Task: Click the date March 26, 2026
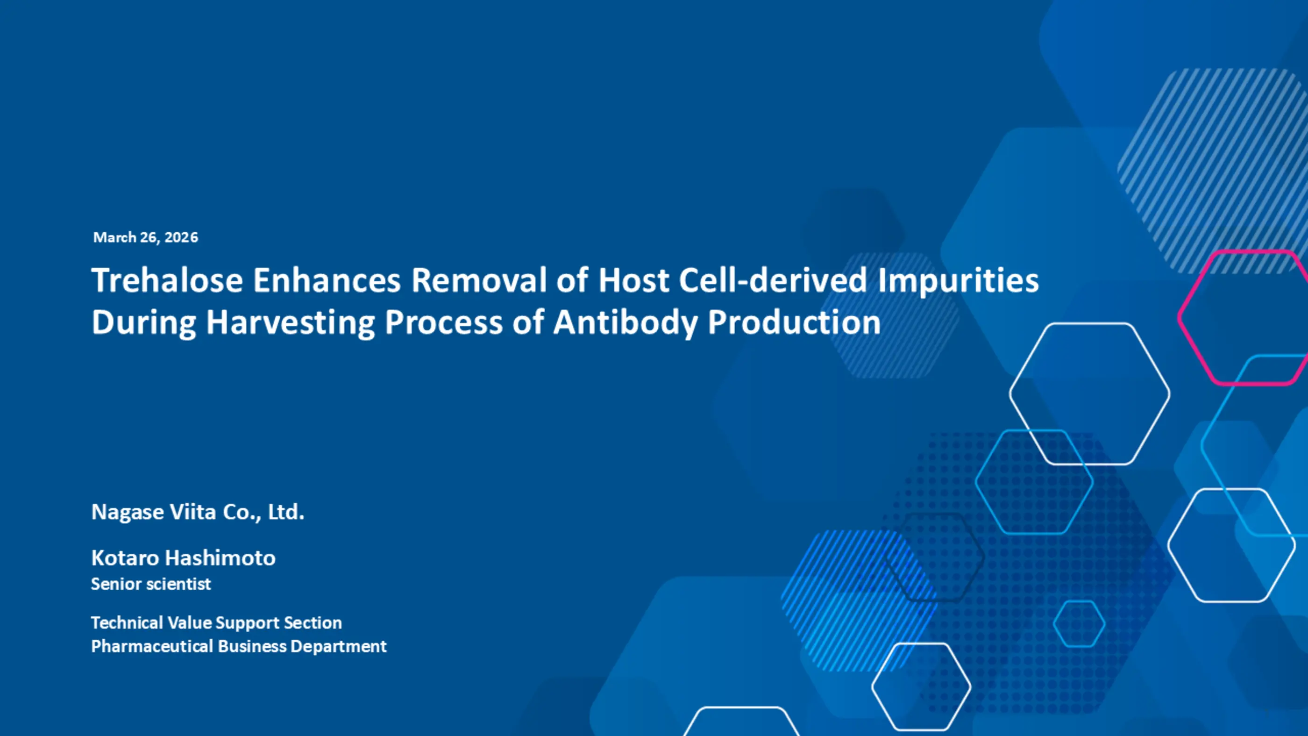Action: tap(146, 238)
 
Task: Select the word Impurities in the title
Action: tap(958, 281)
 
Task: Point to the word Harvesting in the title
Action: tap(291, 323)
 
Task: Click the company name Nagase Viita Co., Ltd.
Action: tap(198, 512)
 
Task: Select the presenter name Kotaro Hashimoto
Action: tap(183, 557)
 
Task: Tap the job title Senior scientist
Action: tap(151, 584)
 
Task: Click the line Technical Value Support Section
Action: tap(217, 623)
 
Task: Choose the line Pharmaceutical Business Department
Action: tap(239, 647)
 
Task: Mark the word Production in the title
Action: tap(794, 322)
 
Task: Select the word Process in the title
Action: tap(443, 322)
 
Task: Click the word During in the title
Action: tap(144, 323)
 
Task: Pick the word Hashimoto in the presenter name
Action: tap(221, 557)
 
